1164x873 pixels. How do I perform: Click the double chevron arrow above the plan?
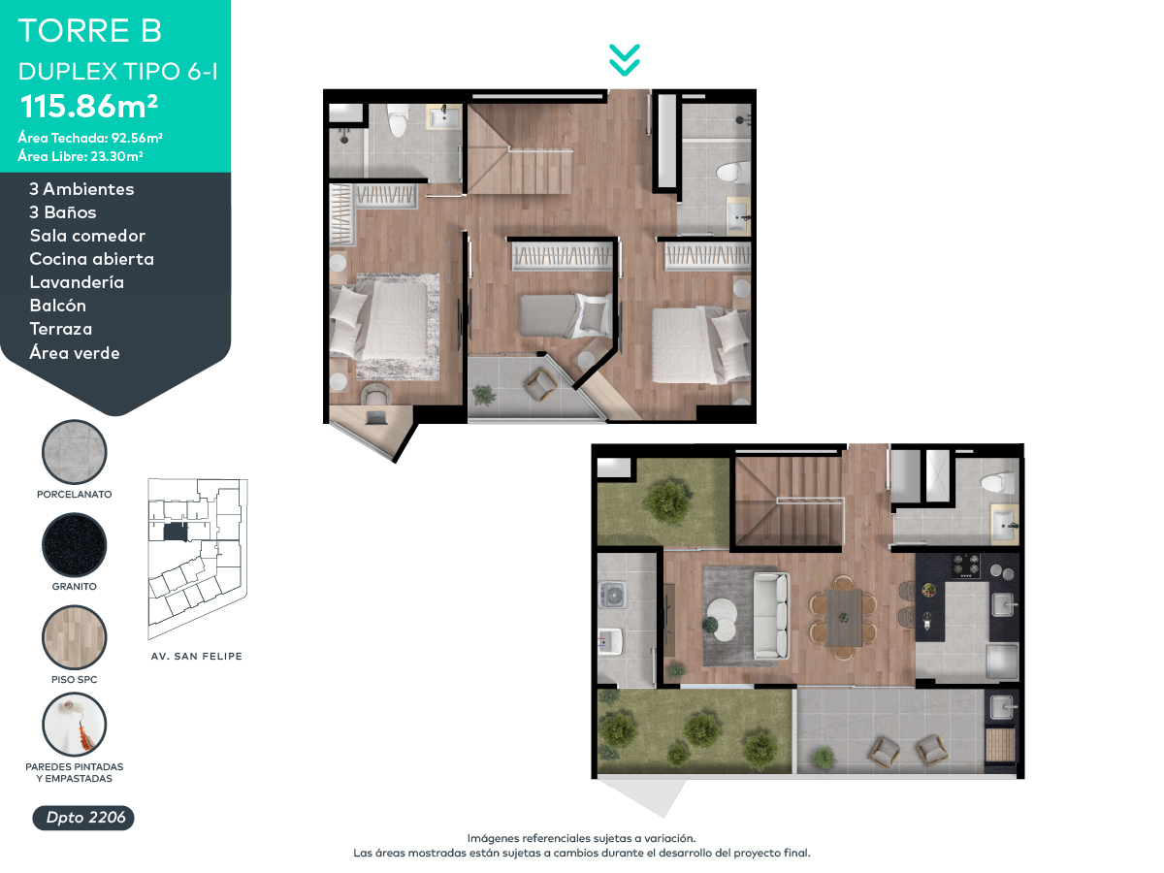pyautogui.click(x=624, y=60)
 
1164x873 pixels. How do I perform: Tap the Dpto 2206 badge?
pyautogui.click(x=83, y=817)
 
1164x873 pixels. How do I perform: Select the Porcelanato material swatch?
pyautogui.click(x=75, y=452)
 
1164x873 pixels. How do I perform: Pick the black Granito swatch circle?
pyautogui.click(x=75, y=544)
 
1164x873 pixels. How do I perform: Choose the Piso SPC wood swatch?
pyautogui.click(x=75, y=637)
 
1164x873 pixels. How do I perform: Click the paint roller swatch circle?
pyautogui.click(x=75, y=725)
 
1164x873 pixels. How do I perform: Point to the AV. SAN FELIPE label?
pyautogui.click(x=197, y=657)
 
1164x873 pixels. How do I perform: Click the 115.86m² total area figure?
pyautogui.click(x=88, y=106)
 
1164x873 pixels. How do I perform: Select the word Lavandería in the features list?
pyautogui.click(x=77, y=282)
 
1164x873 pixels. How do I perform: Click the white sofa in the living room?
pyautogui.click(x=771, y=615)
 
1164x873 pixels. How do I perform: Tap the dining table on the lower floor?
pyautogui.click(x=844, y=618)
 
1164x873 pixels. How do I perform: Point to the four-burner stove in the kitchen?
pyautogui.click(x=965, y=566)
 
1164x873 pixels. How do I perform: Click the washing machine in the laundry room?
pyautogui.click(x=613, y=595)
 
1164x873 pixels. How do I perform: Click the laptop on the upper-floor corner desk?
pyautogui.click(x=375, y=418)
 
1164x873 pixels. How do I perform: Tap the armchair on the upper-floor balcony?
pyautogui.click(x=540, y=385)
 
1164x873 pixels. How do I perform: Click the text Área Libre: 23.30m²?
pyautogui.click(x=81, y=156)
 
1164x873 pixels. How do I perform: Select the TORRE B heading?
pyautogui.click(x=89, y=30)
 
